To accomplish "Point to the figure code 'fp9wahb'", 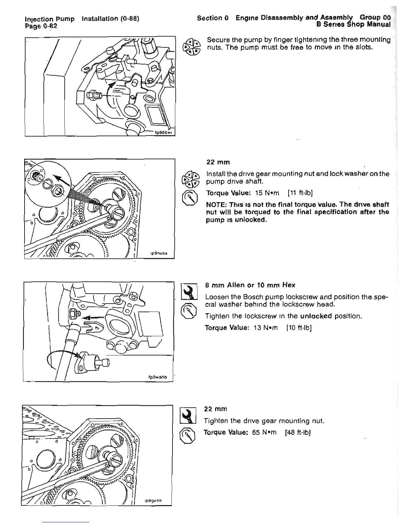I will (158, 377).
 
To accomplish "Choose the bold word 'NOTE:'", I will (216, 204).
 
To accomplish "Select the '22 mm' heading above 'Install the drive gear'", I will (218, 162).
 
